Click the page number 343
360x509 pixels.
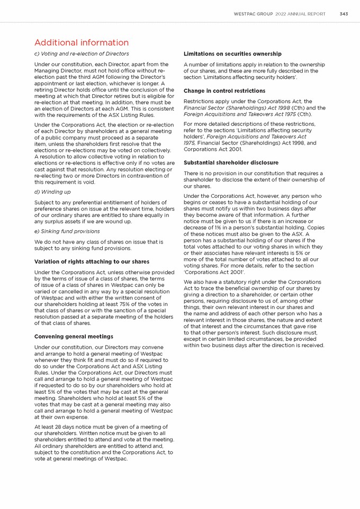[344, 14]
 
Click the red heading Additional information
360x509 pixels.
[82, 42]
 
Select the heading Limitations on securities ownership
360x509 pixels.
[232, 54]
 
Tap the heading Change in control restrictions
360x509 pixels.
[224, 91]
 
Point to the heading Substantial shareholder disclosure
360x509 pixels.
[231, 162]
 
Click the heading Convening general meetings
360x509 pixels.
[74, 337]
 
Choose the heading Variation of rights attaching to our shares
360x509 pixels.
[92, 262]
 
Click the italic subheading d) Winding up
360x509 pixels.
[52, 192]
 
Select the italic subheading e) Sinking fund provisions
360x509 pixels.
[67, 231]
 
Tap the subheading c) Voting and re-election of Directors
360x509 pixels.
[82, 54]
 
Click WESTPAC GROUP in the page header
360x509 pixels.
[253, 14]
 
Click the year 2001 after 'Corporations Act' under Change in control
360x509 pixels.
[233, 149]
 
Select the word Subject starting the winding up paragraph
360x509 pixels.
[44, 203]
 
